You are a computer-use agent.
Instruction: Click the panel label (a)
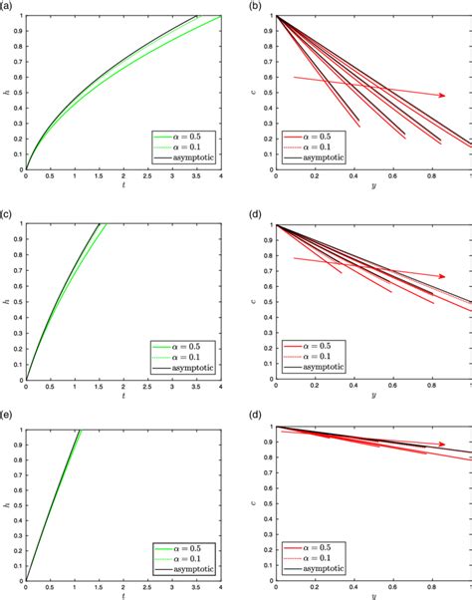[8, 7]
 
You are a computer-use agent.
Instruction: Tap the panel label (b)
[257, 7]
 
